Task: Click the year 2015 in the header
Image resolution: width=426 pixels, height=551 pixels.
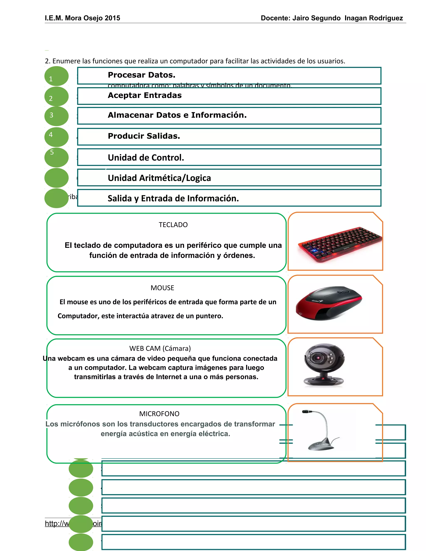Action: tap(112, 18)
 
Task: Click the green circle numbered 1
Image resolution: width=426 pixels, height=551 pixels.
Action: tap(56, 76)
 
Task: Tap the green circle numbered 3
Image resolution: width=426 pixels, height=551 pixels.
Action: tap(56, 116)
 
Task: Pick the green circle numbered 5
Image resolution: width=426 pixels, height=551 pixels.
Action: tap(56, 157)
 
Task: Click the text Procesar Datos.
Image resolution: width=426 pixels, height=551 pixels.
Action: tap(141, 75)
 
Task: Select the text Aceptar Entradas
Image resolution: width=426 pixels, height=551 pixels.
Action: tap(145, 95)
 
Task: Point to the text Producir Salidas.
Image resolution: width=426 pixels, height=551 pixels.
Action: tap(144, 136)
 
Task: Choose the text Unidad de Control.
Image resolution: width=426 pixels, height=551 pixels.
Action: tap(146, 157)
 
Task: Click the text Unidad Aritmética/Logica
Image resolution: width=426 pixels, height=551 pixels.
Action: tap(159, 178)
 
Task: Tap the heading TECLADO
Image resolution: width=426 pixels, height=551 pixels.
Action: tap(173, 225)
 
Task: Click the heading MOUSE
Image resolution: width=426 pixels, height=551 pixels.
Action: tap(162, 288)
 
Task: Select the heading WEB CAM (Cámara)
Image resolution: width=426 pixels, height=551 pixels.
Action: tap(160, 348)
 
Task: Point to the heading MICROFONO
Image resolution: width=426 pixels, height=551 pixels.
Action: tap(159, 414)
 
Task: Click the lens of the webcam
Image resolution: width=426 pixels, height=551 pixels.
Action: tap(317, 358)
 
